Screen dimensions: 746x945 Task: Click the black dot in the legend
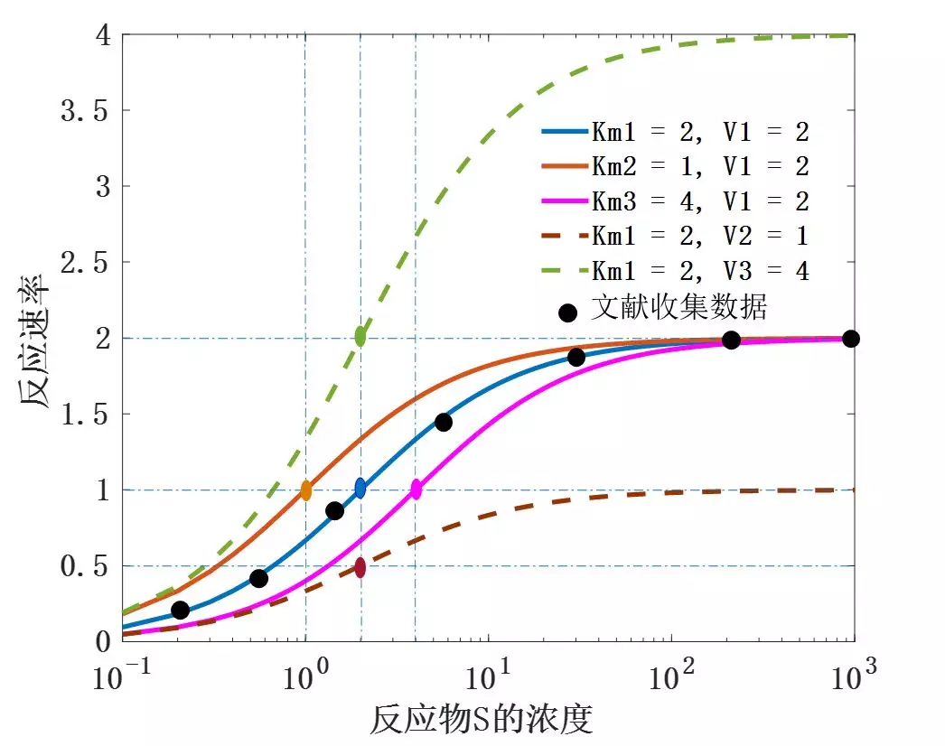point(568,312)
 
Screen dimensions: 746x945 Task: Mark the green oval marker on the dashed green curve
point(360,337)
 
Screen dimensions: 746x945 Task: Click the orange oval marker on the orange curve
point(306,491)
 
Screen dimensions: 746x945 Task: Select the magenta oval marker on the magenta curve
point(416,490)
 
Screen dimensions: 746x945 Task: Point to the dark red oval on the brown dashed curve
point(360,567)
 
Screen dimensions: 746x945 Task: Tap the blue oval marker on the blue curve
point(360,489)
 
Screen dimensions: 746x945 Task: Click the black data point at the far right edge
point(850,339)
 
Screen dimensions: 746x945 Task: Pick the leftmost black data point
point(181,611)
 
